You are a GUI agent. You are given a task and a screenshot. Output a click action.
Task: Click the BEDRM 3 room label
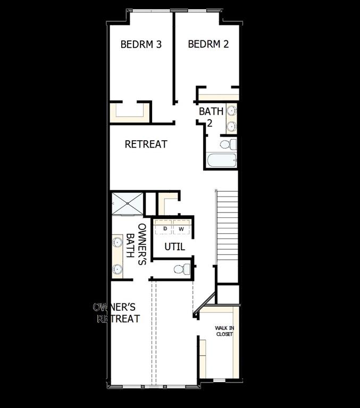click(x=141, y=45)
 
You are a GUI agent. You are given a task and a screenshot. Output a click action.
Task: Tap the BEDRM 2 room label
click(x=208, y=44)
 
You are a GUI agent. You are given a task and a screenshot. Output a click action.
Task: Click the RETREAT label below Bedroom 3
click(x=146, y=144)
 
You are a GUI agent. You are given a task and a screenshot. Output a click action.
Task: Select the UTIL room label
click(x=174, y=246)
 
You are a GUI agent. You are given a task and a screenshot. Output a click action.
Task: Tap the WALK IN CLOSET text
click(x=224, y=331)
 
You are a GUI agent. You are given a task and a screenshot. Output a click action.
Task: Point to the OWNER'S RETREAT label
click(x=118, y=313)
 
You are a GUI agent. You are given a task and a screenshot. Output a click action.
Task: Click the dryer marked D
click(x=165, y=228)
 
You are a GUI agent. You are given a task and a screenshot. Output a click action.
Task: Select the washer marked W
click(x=181, y=228)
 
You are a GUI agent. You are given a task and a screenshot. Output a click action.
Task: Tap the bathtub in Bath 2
click(x=220, y=160)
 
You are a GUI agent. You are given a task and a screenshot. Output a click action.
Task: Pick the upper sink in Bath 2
click(x=231, y=111)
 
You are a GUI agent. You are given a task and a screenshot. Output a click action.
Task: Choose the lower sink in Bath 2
click(x=231, y=126)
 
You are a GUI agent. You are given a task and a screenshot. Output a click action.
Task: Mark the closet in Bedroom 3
click(x=130, y=112)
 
